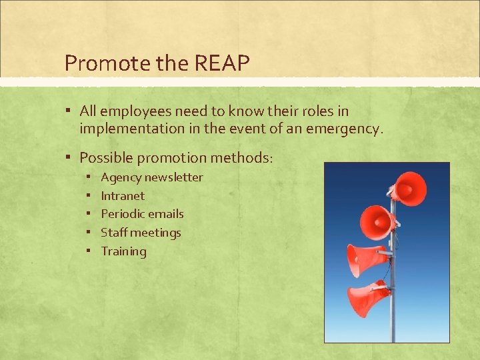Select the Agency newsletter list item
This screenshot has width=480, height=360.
pyautogui.click(x=152, y=177)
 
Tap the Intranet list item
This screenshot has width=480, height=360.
pyautogui.click(x=123, y=196)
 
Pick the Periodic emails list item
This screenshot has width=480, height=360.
pyautogui.click(x=142, y=214)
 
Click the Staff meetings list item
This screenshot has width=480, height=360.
pyautogui.click(x=141, y=233)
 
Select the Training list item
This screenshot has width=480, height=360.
pyautogui.click(x=123, y=251)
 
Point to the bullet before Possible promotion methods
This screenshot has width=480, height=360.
pyautogui.click(x=69, y=158)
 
